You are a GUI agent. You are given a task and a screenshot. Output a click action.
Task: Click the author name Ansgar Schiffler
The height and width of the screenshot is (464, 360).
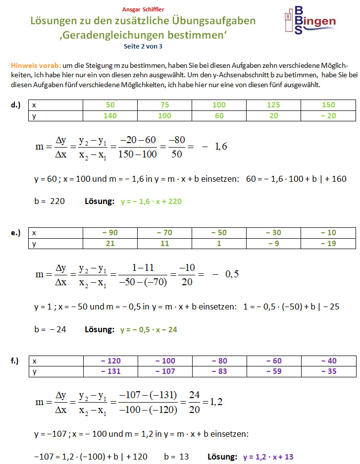143,9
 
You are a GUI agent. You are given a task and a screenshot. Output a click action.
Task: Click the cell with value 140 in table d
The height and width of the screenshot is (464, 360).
110,115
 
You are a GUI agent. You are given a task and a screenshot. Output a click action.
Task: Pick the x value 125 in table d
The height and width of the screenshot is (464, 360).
273,105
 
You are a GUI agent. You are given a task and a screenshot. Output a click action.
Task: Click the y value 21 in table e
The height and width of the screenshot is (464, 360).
110,243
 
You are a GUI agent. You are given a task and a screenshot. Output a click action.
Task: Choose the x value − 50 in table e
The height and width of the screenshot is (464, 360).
219,233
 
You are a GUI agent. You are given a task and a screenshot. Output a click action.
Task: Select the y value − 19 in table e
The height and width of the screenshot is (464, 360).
328,243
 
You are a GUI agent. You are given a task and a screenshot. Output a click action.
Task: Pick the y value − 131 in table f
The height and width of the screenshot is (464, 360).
110,371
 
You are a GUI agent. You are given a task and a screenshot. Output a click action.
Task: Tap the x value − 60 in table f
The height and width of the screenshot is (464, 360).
274,361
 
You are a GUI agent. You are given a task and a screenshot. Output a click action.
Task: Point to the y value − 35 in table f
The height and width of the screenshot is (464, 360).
328,371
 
